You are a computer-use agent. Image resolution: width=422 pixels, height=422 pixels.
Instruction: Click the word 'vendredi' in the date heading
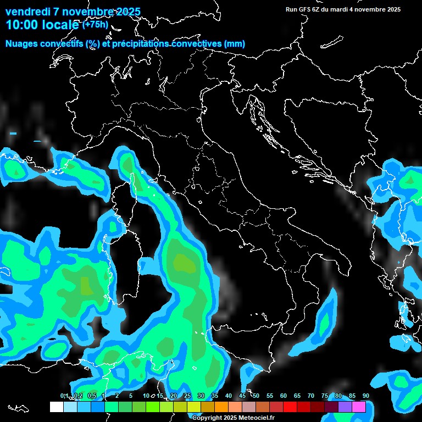(x=27, y=12)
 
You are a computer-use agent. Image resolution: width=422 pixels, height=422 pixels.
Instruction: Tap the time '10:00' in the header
(x=22, y=25)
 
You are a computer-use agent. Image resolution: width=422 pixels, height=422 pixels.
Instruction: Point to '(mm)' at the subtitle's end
(x=235, y=44)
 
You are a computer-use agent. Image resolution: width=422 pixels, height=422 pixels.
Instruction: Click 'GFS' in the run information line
(x=305, y=9)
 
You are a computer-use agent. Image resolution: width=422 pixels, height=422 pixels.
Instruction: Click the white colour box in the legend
(x=57, y=407)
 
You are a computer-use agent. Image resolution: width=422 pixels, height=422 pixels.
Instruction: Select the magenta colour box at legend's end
(x=359, y=407)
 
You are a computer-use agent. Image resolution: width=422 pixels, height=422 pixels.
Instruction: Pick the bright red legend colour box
(x=290, y=407)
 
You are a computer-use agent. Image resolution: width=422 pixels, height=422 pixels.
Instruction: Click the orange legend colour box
(x=221, y=407)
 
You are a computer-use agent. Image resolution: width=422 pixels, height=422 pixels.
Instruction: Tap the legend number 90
(x=365, y=396)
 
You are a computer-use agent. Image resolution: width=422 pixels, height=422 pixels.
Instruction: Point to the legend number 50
(x=256, y=396)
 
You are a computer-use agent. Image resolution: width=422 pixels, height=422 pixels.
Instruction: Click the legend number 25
(x=187, y=396)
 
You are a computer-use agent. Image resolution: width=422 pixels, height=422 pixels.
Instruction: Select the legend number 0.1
(x=64, y=396)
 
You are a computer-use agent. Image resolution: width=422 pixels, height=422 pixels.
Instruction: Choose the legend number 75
(x=324, y=396)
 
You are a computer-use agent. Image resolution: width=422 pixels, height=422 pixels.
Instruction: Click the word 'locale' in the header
(x=61, y=25)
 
